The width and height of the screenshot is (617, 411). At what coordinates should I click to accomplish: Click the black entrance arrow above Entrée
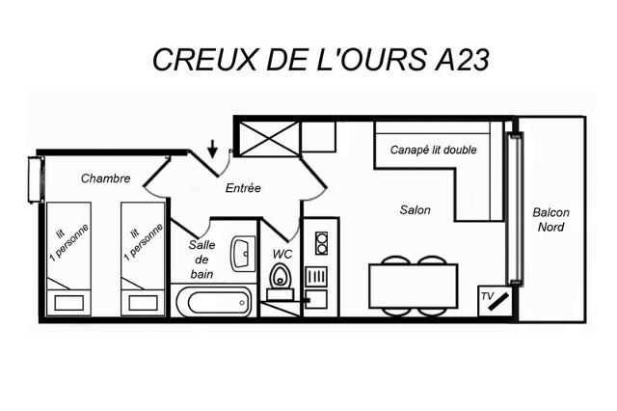pyautogui.click(x=212, y=149)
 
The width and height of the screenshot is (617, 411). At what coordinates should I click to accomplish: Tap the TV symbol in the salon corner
pyautogui.click(x=496, y=301)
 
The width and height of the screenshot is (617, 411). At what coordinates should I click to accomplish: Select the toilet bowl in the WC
pyautogui.click(x=281, y=275)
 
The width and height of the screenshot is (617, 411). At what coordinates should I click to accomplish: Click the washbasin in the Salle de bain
pyautogui.click(x=243, y=254)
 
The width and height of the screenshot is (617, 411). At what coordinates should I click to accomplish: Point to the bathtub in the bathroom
pyautogui.click(x=213, y=302)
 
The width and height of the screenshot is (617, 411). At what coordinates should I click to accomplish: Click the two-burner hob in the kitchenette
pyautogui.click(x=321, y=243)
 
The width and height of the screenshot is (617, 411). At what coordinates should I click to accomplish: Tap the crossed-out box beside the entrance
pyautogui.click(x=270, y=139)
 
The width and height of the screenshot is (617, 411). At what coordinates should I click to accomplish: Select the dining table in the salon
pyautogui.click(x=414, y=286)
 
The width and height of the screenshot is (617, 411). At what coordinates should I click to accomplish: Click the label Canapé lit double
pyautogui.click(x=433, y=150)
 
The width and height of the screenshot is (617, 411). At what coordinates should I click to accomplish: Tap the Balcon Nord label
pyautogui.click(x=550, y=220)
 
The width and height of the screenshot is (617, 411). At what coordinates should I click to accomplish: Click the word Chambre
pyautogui.click(x=105, y=178)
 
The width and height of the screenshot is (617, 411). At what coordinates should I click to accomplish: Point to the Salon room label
pyautogui.click(x=415, y=209)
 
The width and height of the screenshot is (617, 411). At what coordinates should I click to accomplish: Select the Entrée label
pyautogui.click(x=243, y=188)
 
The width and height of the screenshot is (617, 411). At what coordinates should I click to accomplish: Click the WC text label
pyautogui.click(x=282, y=254)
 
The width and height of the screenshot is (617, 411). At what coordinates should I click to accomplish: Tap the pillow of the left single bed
pyautogui.click(x=68, y=303)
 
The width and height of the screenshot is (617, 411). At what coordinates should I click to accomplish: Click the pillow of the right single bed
pyautogui.click(x=144, y=303)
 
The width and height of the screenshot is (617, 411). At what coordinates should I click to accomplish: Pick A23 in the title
pyautogui.click(x=462, y=60)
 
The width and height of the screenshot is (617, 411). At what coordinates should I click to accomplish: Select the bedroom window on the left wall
pyautogui.click(x=36, y=179)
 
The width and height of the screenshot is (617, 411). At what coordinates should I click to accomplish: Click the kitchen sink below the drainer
pyautogui.click(x=316, y=300)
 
